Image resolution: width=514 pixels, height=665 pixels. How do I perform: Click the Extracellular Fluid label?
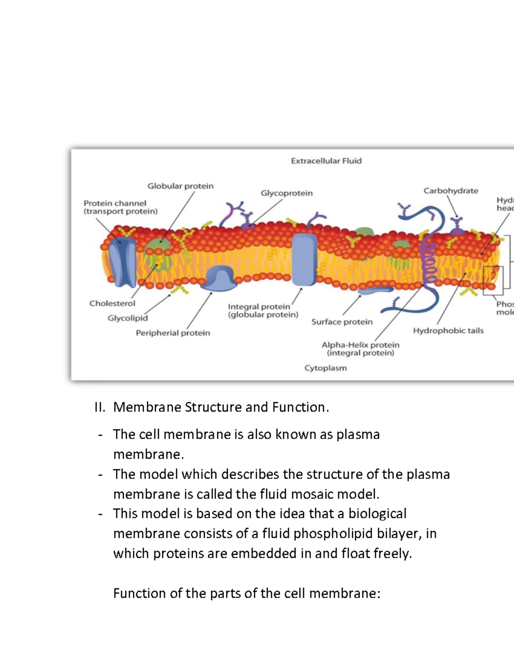coord(326,161)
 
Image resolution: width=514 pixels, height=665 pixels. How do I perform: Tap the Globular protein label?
coord(180,186)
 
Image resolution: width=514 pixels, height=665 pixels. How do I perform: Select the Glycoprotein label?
coord(287,193)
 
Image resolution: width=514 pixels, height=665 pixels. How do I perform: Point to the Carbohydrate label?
coord(451,191)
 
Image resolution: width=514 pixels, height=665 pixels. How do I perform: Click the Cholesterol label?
coord(112,304)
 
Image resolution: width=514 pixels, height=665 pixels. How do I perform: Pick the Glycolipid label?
coord(128,318)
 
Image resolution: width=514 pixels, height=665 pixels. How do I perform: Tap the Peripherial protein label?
coord(173,333)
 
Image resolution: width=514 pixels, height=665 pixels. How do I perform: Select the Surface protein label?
coord(342,322)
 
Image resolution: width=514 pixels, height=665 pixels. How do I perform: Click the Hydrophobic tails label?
coord(448,331)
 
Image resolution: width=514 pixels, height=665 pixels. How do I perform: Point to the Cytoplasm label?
coord(326,368)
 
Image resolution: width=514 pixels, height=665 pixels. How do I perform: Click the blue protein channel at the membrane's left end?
coord(122,261)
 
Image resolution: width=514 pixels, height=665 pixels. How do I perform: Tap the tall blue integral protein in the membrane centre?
coord(304,259)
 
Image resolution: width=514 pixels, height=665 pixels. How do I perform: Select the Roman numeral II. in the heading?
coord(100,407)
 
